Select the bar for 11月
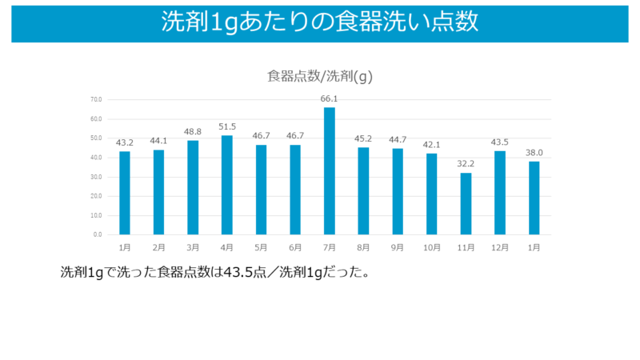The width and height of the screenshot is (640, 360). [x=466, y=203]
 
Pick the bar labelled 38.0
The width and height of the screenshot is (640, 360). [x=534, y=198]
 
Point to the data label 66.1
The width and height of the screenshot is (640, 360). [x=330, y=99]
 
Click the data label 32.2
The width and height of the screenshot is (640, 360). [x=466, y=164]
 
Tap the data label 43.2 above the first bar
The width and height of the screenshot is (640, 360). [x=125, y=143]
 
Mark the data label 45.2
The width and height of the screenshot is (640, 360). [x=363, y=139]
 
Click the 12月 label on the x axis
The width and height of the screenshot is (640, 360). [x=500, y=248]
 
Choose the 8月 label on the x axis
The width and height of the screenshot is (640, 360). [x=363, y=248]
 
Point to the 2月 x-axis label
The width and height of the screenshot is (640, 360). [x=158, y=248]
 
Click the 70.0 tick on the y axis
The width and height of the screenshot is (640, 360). [x=96, y=100]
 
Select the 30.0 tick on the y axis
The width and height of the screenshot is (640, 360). [x=96, y=177]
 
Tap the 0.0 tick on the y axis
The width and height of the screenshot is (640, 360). [x=98, y=234]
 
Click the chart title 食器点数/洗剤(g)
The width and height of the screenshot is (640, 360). [x=320, y=77]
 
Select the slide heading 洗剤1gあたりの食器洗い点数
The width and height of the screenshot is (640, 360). [x=320, y=22]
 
